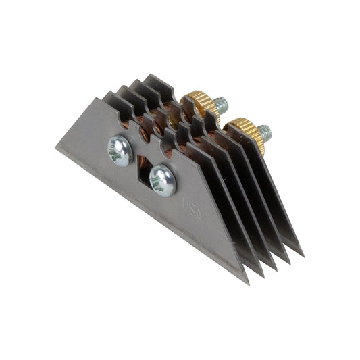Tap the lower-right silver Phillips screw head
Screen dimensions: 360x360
pyautogui.click(x=163, y=180)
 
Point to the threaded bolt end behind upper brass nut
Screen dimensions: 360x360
pyautogui.click(x=220, y=105)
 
